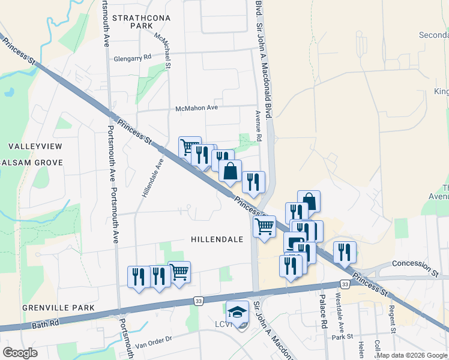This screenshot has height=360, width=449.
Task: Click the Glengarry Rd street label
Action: click(132, 58)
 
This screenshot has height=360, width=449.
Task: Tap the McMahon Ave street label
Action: click(196, 108)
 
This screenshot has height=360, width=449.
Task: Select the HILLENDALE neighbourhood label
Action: click(217, 239)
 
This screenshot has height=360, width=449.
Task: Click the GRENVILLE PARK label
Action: click(58, 308)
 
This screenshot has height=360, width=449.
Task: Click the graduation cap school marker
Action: click(238, 312)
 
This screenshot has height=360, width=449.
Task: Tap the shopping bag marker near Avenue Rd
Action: click(230, 171)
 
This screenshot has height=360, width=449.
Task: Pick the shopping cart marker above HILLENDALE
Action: click(264, 227)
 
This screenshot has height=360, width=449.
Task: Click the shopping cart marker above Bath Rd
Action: click(179, 272)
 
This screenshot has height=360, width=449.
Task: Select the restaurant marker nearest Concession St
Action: click(345, 253)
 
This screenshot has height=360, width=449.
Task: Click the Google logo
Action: click(20, 352)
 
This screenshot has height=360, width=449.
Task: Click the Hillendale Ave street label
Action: click(152, 178)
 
